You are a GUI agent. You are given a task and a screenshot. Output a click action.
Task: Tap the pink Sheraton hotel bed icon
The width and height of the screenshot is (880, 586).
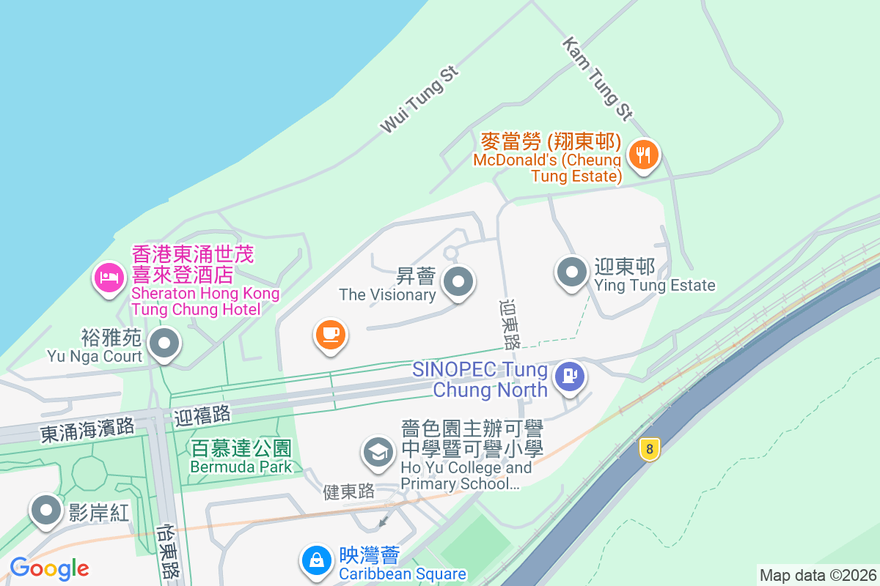109,277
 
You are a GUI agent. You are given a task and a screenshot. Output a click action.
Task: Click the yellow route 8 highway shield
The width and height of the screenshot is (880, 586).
648,449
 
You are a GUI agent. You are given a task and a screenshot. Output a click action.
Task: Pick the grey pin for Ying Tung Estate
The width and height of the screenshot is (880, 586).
572,272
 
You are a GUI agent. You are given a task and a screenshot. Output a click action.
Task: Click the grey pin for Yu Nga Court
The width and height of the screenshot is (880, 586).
164,343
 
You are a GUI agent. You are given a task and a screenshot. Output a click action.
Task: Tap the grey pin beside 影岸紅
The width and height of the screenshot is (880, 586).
46,509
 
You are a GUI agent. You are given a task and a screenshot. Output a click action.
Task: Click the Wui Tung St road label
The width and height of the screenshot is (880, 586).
419,100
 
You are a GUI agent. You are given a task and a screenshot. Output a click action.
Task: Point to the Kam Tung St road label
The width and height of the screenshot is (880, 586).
597,78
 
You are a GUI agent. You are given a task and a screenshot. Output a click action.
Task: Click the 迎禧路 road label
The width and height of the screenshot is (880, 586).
202,416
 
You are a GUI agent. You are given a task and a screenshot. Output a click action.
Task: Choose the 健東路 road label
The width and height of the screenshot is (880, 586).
349,492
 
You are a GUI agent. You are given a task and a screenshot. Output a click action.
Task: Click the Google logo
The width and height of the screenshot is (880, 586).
49,568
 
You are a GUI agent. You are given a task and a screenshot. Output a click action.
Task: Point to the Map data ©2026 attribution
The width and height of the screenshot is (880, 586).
817,575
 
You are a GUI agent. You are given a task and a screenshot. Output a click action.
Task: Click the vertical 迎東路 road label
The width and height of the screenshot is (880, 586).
509,323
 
